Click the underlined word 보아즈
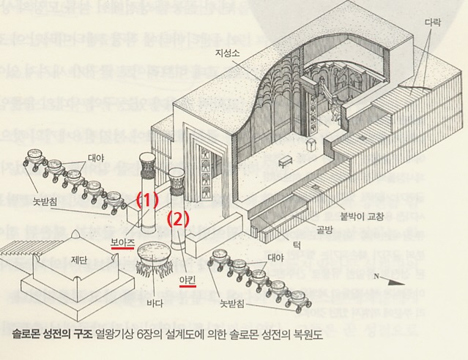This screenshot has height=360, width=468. pos(122,241)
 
